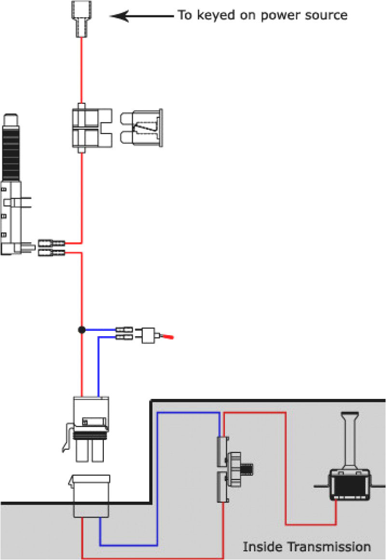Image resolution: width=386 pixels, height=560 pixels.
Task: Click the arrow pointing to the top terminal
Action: coord(140,16)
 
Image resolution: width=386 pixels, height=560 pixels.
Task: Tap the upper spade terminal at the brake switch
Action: coord(51,243)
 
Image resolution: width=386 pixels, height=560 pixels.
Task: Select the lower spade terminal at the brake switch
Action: coord(51,252)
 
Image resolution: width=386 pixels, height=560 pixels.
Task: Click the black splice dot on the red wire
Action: coord(82,330)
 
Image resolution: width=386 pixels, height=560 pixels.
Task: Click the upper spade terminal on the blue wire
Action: coord(124,330)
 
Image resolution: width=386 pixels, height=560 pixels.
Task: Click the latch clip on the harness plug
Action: coord(67,437)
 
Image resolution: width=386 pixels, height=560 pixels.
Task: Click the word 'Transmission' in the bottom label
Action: coord(329,547)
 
